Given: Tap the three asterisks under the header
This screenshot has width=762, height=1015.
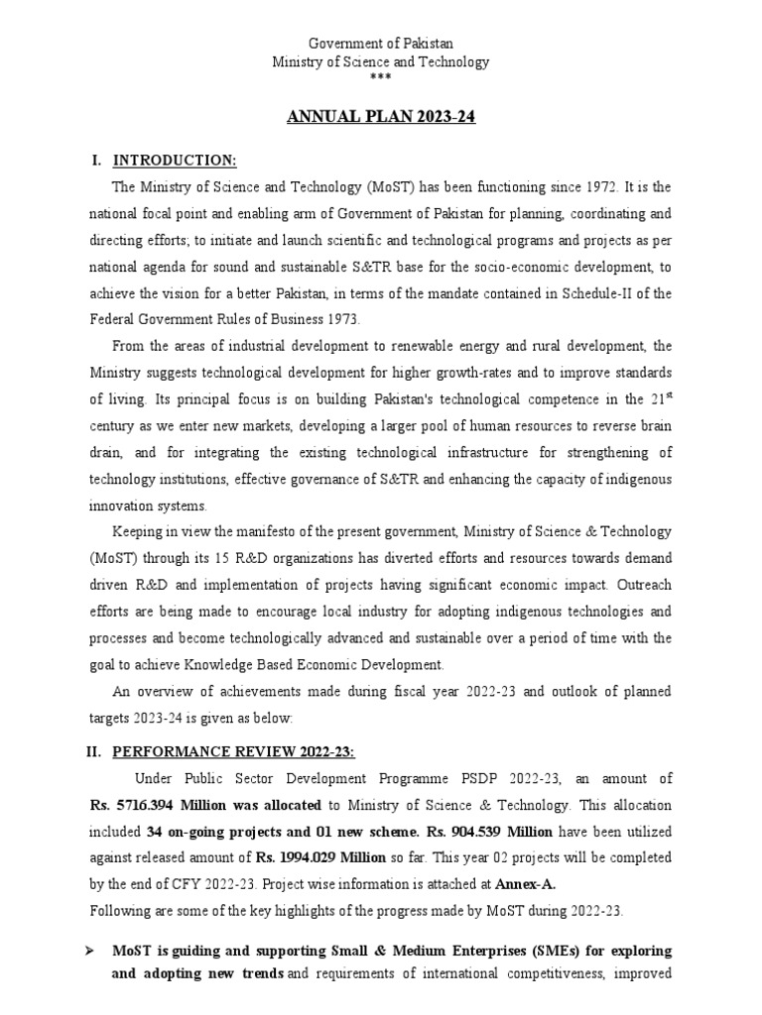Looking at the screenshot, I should pyautogui.click(x=381, y=77).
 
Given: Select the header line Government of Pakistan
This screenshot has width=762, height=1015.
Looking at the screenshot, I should pyautogui.click(x=381, y=45).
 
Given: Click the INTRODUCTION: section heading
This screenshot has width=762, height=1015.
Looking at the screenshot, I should pyautogui.click(x=175, y=161).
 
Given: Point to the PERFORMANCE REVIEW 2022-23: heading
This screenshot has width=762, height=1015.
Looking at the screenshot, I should pyautogui.click(x=232, y=752).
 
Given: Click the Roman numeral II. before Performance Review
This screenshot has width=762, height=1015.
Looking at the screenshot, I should pyautogui.click(x=95, y=752).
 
